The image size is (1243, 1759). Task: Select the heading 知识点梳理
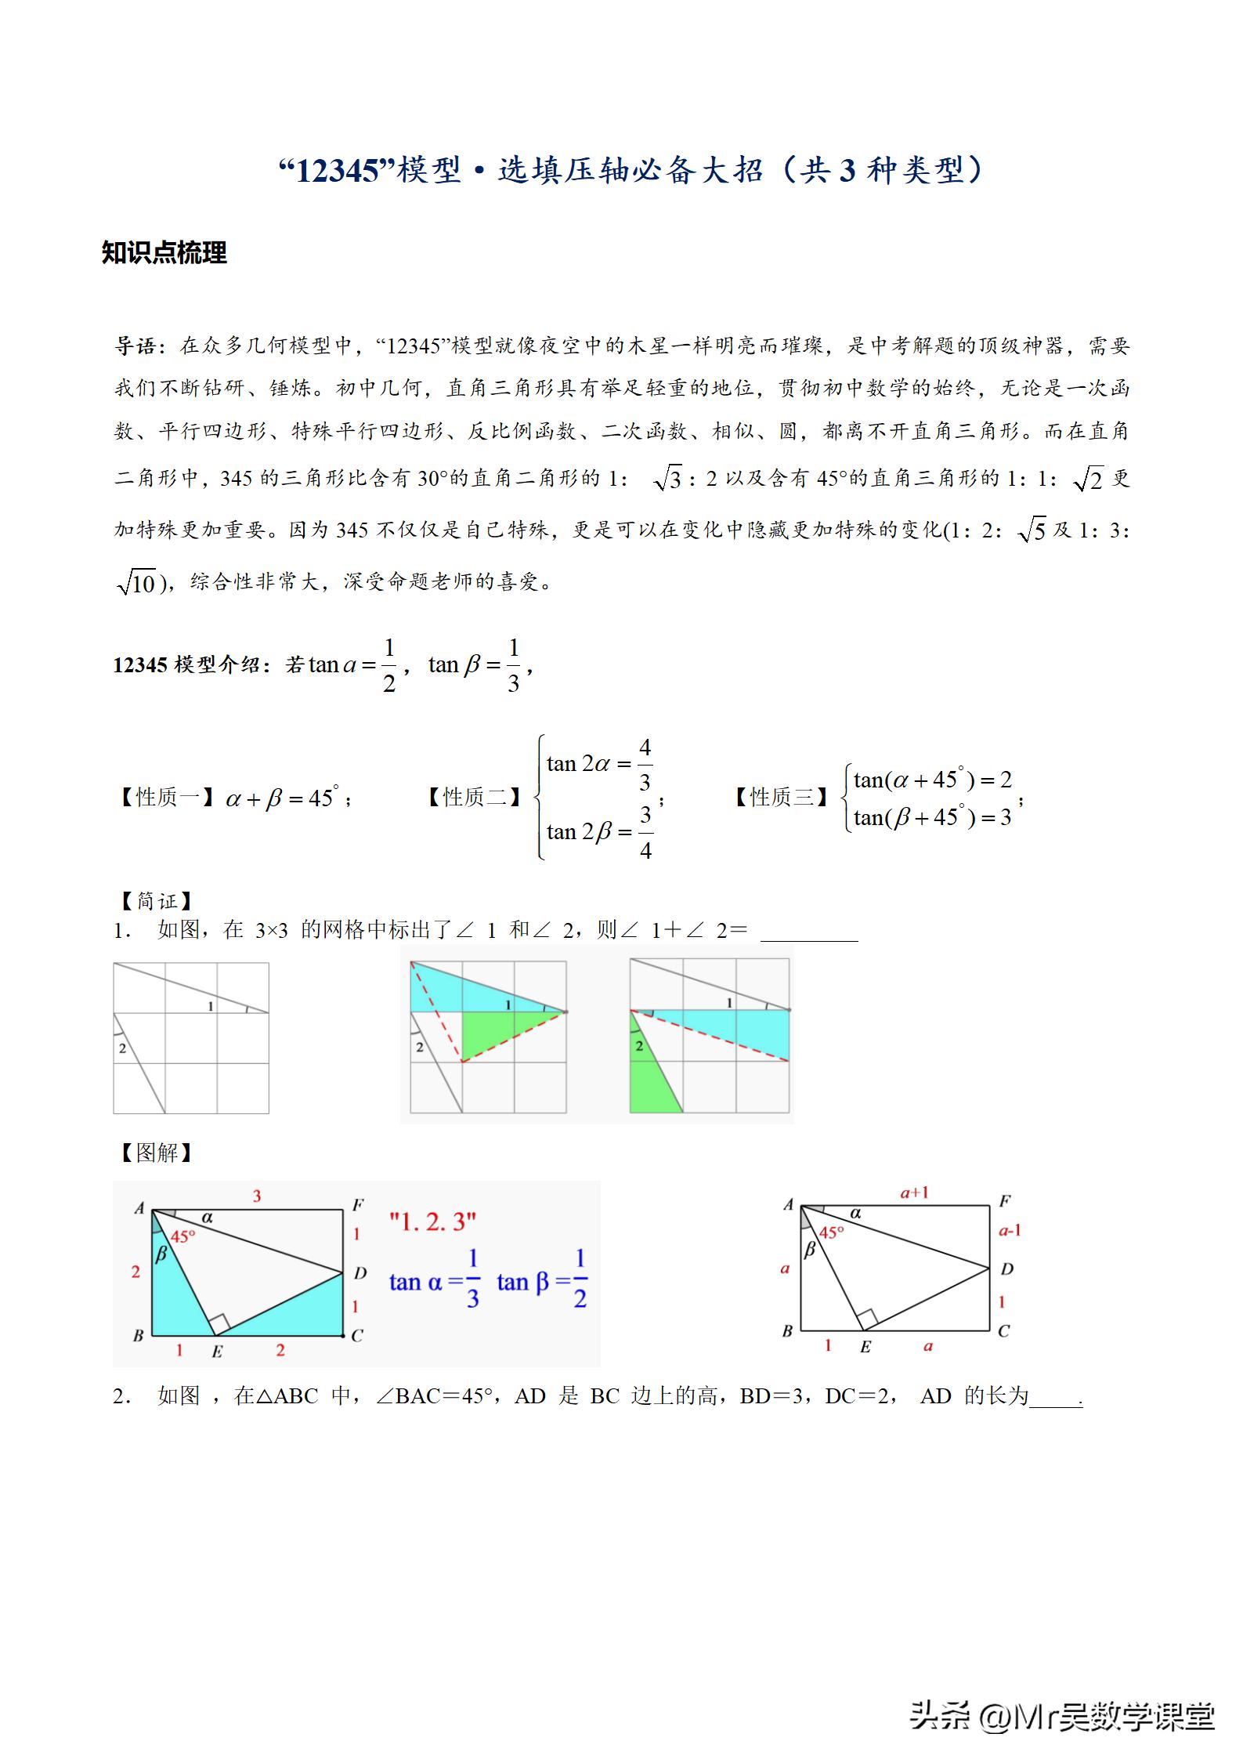tap(164, 253)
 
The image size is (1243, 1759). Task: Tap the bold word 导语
tap(139, 346)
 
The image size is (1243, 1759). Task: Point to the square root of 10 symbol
tap(136, 583)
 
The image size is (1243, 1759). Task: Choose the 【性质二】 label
tap(473, 798)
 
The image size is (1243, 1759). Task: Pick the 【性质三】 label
tap(780, 798)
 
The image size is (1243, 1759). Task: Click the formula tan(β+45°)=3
tap(932, 818)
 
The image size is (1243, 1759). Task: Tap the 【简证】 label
tap(155, 901)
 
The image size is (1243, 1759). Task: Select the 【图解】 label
tap(155, 1152)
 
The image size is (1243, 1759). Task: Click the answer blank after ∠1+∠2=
tap(809, 932)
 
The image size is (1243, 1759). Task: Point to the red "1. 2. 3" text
tap(432, 1222)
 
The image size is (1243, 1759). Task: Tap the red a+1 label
tap(914, 1193)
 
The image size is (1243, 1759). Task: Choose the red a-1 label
tap(1010, 1231)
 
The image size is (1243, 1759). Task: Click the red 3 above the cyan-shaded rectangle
tap(257, 1196)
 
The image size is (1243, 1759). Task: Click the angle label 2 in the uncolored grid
tap(122, 1048)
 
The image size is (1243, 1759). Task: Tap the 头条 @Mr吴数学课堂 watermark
tap(1061, 1716)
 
